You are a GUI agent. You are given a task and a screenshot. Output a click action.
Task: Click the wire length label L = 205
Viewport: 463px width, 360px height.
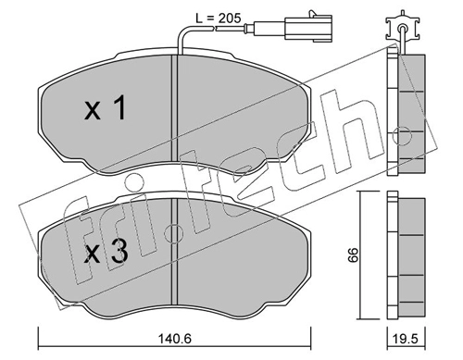click(219, 19)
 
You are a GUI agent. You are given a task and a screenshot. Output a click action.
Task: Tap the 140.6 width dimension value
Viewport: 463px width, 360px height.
click(175, 339)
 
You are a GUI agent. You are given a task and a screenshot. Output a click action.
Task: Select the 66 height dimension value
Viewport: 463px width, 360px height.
click(354, 254)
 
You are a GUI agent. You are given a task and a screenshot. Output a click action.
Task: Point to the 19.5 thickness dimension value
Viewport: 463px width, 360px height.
click(407, 339)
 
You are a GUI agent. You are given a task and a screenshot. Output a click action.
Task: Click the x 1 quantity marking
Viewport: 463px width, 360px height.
click(106, 107)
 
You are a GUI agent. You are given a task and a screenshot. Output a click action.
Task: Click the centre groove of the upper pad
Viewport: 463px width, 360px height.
click(175, 108)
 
